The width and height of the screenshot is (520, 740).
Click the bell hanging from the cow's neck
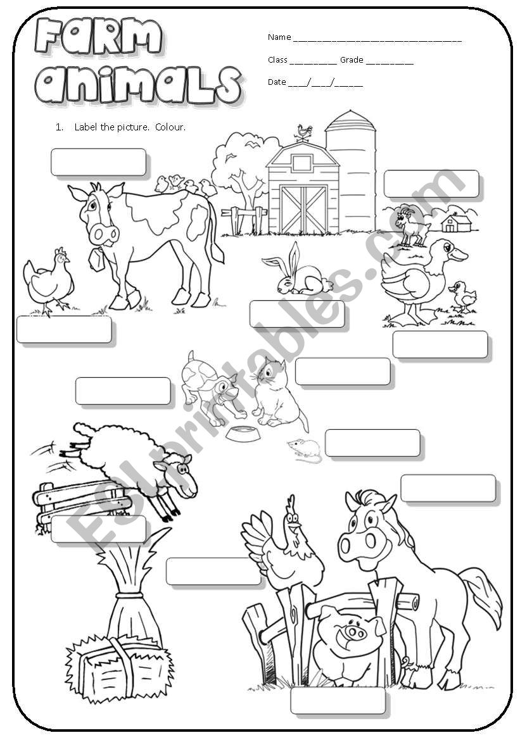(x=98, y=259)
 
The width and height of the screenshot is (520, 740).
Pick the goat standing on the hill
(x=410, y=225)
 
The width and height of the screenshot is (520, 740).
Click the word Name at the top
(x=279, y=37)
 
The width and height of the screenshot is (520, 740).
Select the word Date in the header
(x=277, y=82)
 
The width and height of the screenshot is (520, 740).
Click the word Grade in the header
(x=352, y=60)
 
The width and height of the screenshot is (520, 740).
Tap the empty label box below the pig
(x=338, y=701)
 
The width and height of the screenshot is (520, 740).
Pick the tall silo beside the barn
(x=350, y=171)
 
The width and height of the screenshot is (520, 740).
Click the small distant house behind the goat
(x=456, y=223)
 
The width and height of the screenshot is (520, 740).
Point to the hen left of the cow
(x=49, y=281)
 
